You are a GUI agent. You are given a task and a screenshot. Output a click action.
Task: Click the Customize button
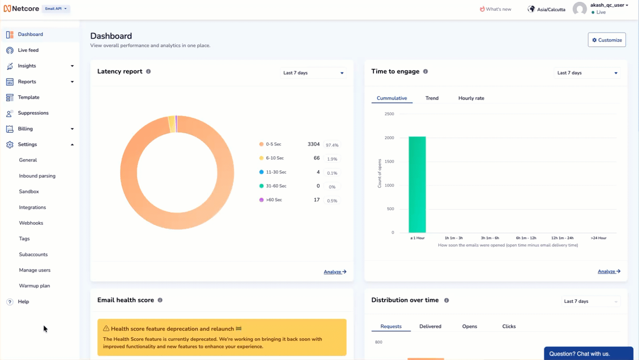tap(606, 40)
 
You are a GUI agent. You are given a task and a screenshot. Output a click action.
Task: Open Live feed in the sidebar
tap(28, 50)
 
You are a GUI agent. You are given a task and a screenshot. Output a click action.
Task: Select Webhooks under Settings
tap(31, 223)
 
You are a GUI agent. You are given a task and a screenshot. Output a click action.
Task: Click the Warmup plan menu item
tap(34, 286)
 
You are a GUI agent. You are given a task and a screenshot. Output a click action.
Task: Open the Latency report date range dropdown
tap(313, 73)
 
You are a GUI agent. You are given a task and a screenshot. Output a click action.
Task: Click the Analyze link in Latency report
tap(335, 272)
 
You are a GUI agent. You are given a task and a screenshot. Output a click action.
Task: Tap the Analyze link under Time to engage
tap(609, 271)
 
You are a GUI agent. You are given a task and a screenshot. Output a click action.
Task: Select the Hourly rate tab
tap(471, 98)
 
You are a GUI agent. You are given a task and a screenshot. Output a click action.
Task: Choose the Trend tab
tap(432, 98)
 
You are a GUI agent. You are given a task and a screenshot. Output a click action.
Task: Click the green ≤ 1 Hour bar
tap(417, 184)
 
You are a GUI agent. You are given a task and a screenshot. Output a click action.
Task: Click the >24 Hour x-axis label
tap(598, 238)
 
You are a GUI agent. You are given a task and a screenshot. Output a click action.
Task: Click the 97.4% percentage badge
tap(332, 145)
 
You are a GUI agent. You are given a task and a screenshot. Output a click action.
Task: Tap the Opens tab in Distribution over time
tap(469, 327)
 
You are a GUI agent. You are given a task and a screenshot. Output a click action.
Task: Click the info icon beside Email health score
tap(160, 300)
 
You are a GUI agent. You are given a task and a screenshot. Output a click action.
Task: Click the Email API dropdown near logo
tap(56, 8)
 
